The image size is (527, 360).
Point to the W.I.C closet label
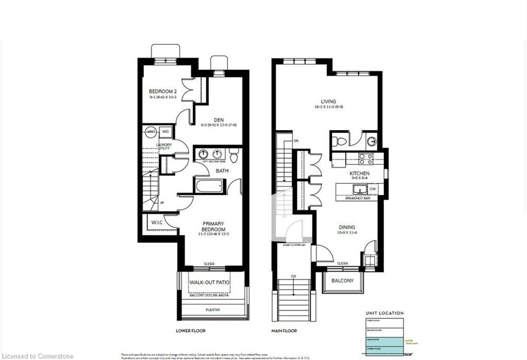click(156, 223)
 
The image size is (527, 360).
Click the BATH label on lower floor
click(222, 170)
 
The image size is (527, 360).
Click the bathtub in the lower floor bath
click(208, 185)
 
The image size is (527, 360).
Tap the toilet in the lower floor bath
click(234, 154)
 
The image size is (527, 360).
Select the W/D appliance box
click(166, 132)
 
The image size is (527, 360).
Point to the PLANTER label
click(212, 310)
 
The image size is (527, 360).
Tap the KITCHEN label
click(360, 174)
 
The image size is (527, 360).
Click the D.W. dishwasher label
click(372, 189)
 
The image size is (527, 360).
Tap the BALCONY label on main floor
click(342, 281)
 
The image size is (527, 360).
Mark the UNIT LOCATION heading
click(384, 313)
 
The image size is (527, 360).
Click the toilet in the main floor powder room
click(337, 141)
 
